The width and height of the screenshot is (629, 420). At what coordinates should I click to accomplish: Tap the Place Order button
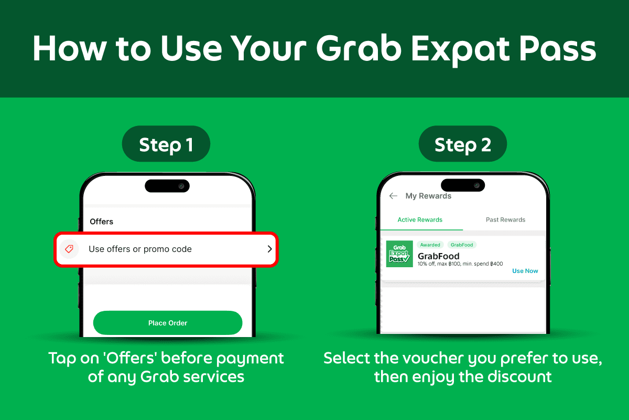(168, 323)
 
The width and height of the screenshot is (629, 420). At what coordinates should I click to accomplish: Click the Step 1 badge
(166, 144)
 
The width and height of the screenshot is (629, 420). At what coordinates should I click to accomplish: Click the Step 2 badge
(463, 144)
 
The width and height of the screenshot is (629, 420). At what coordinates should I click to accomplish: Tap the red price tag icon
(69, 249)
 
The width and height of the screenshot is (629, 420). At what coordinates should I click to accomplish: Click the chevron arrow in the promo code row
(269, 249)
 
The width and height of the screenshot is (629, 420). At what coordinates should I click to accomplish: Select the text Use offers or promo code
(140, 249)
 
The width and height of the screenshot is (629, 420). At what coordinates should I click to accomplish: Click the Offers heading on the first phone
(101, 222)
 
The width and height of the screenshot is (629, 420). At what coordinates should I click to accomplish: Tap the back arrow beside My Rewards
(393, 196)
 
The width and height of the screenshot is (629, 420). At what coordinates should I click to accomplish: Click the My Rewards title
(428, 196)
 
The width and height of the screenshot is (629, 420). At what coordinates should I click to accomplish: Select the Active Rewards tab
(420, 219)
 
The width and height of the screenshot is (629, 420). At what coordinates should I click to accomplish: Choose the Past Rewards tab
(505, 219)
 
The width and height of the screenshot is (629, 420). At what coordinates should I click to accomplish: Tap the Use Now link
(525, 271)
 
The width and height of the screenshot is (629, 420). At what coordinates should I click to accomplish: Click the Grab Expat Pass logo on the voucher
(399, 254)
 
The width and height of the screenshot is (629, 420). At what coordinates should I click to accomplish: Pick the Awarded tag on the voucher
(430, 245)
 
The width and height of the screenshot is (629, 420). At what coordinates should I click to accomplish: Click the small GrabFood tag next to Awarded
(462, 245)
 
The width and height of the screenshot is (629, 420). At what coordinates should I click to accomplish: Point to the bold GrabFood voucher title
(439, 256)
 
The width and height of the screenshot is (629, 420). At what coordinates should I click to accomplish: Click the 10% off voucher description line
(460, 264)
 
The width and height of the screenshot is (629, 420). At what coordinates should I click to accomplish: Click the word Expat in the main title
(460, 49)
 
